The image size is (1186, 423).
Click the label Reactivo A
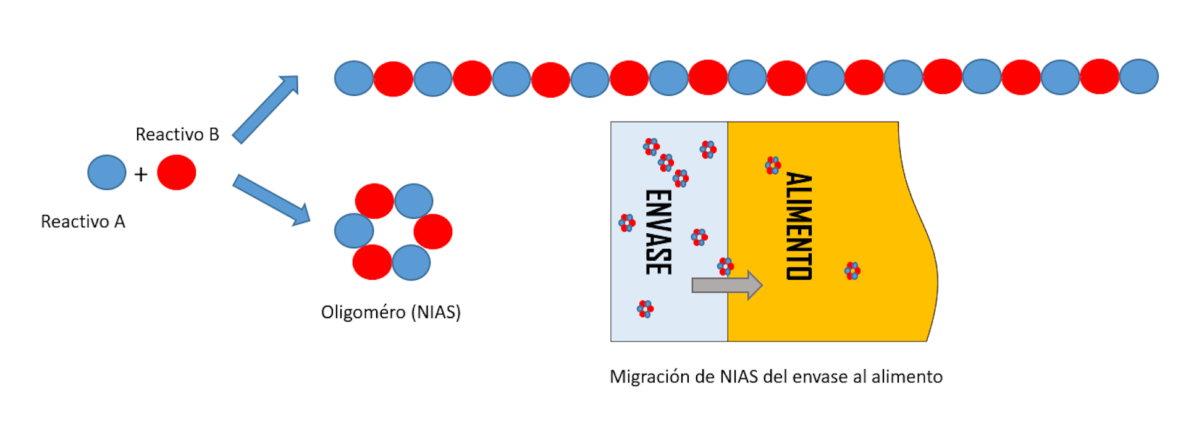[83, 222]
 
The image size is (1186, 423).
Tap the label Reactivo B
[177, 135]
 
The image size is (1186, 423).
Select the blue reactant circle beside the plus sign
[107, 172]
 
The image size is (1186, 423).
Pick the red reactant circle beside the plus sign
[177, 172]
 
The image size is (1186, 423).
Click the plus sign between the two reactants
[141, 175]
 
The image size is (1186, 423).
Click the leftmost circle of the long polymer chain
[354, 78]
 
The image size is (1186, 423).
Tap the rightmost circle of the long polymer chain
[1138, 77]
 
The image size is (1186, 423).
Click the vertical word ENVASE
[658, 232]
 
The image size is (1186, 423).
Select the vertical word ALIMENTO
[799, 226]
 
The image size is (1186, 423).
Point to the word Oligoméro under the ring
[363, 312]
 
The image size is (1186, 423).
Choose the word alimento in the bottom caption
[907, 377]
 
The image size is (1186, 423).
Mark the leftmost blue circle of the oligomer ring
[354, 231]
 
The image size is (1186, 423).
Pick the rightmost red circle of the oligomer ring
[433, 232]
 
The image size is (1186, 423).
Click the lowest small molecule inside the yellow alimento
[852, 270]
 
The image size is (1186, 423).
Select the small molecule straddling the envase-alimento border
[726, 266]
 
